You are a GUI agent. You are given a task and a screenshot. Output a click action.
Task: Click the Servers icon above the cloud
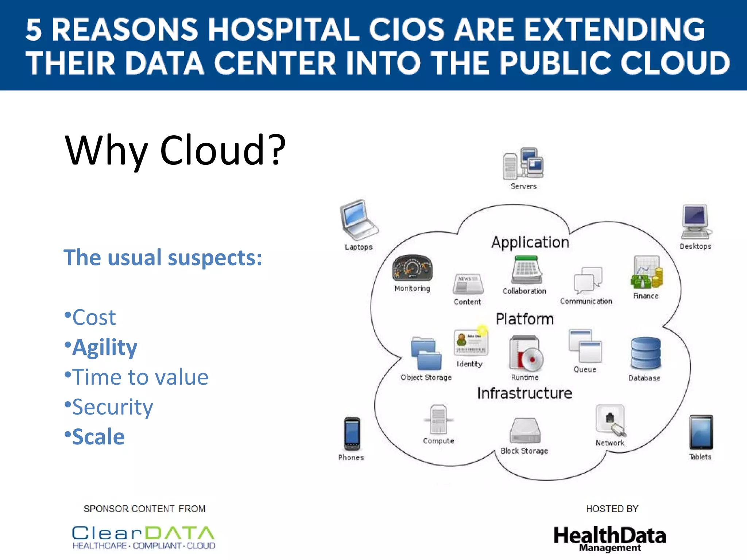tap(523, 163)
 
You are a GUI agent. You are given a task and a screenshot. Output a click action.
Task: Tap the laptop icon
tap(358, 219)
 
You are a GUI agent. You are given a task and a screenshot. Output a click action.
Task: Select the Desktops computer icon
tap(696, 222)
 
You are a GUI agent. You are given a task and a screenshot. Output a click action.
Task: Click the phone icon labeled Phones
tap(352, 434)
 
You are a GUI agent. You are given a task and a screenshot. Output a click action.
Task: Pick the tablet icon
tap(701, 432)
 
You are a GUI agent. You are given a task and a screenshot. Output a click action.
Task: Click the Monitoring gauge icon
tap(412, 268)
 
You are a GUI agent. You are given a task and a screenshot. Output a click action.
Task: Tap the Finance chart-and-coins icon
tap(646, 272)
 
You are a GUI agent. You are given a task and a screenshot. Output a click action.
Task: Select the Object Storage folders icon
tap(426, 353)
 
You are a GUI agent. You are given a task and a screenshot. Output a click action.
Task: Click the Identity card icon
tap(471, 342)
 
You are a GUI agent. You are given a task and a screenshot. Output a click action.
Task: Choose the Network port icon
tap(611, 420)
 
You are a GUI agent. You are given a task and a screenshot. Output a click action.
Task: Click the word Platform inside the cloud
tap(525, 319)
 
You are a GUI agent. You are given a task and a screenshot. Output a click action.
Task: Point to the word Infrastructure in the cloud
tap(525, 393)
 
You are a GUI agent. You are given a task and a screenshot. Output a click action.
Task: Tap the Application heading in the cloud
tap(530, 242)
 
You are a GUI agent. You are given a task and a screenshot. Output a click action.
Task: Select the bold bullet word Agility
tap(104, 347)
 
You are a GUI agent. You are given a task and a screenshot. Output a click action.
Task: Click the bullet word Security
tap(112, 407)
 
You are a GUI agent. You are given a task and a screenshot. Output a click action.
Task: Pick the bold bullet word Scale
tap(98, 437)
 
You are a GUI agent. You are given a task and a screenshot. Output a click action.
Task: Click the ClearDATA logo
tap(143, 537)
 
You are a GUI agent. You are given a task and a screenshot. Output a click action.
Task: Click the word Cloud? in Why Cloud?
tap(222, 150)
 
